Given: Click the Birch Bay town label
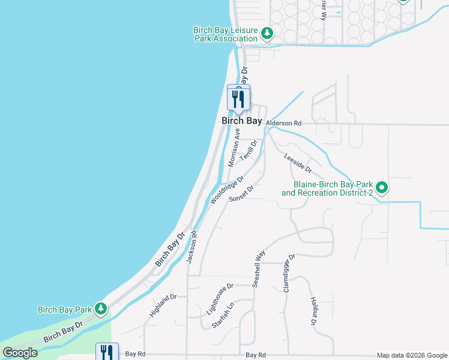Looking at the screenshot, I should click(x=242, y=121).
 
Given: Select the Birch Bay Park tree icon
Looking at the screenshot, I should click(x=101, y=309).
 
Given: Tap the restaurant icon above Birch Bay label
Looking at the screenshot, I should click(x=239, y=98).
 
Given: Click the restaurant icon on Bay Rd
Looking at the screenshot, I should click(x=107, y=352).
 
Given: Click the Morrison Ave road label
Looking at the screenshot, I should click(x=234, y=148).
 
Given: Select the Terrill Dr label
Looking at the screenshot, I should click(x=249, y=150).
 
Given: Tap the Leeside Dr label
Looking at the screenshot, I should click(x=298, y=161).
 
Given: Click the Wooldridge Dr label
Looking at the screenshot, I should click(x=228, y=190).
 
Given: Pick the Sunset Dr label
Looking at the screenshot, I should click(x=241, y=194).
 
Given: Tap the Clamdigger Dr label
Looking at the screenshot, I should click(x=289, y=273).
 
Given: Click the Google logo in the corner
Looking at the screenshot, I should click(x=20, y=353).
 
